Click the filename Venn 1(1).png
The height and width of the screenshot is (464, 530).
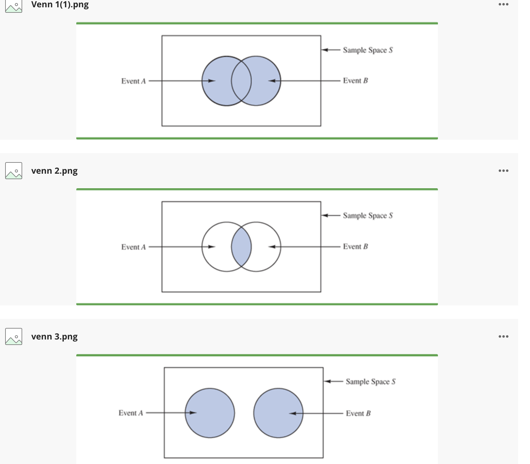[x=60, y=5]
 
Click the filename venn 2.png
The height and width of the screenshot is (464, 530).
[x=54, y=171]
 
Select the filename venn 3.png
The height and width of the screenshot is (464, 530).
[x=54, y=336]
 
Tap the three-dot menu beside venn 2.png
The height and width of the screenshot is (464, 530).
[x=503, y=171]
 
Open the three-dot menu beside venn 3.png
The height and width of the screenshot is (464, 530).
[x=503, y=336]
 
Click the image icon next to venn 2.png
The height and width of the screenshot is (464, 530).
[x=14, y=171]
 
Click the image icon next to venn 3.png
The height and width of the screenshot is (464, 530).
[x=14, y=336]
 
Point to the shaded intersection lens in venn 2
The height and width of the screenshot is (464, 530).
[x=241, y=247]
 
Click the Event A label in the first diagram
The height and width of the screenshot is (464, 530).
[x=133, y=81]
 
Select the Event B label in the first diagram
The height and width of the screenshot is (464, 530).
[x=355, y=81]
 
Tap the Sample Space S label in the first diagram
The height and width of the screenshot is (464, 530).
[x=368, y=50]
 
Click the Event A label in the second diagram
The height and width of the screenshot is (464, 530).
[x=133, y=247]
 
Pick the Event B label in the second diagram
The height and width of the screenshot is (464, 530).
[x=355, y=247]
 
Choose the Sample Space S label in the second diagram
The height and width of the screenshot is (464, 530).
[x=368, y=216]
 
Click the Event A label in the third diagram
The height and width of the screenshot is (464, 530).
[x=131, y=413]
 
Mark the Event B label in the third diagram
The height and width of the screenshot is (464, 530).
[x=358, y=414]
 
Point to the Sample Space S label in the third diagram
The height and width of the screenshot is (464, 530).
[x=370, y=382]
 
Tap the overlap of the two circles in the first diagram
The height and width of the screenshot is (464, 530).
[x=241, y=81]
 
